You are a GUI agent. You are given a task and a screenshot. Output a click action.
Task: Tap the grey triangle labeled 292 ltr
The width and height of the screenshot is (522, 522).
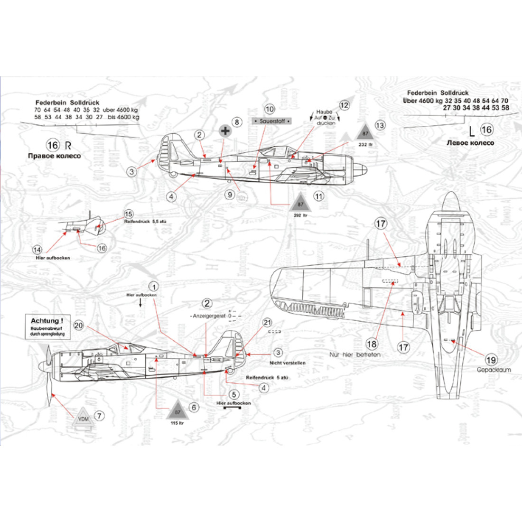coord(300,204)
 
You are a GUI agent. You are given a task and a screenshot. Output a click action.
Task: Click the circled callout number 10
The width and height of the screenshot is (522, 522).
coord(270,110)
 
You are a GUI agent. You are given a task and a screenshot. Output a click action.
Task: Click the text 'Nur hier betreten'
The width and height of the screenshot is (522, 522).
coord(354,354)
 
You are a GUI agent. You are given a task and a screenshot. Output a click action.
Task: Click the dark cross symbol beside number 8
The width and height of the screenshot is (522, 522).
coord(225,130)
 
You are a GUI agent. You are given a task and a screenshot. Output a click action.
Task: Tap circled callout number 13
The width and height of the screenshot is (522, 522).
coord(380,125)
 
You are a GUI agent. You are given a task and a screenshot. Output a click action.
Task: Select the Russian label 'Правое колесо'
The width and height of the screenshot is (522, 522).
coord(56,156)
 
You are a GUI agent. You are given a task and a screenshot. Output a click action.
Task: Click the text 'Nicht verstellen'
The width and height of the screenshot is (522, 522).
coord(287,363)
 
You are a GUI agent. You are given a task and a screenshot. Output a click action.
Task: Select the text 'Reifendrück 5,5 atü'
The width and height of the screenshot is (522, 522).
coord(145,222)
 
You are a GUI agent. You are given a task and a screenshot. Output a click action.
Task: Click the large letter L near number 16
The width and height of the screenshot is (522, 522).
coord(471,130)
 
